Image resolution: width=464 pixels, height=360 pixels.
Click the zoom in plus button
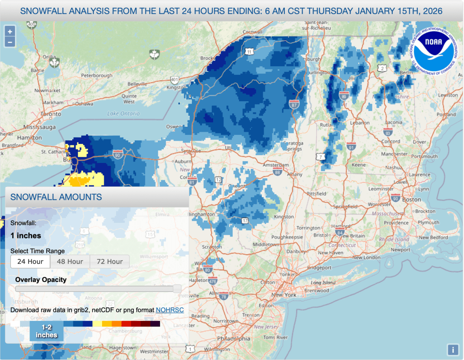coord(10,32)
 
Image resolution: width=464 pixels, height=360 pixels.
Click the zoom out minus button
coord(10,42)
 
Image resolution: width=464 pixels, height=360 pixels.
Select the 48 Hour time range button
coord(70,261)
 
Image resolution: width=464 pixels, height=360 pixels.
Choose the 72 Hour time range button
coord(109,261)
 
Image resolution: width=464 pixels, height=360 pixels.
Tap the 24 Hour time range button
coord(30,261)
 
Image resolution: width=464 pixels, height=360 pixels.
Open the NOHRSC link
coord(170,310)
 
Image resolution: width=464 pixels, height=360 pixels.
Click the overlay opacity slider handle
coord(177,289)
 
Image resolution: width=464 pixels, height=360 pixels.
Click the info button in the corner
coord(452,350)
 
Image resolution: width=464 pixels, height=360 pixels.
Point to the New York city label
coord(283,295)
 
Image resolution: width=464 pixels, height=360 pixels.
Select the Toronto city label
coord(51,114)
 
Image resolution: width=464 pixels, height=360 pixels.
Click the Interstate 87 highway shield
coord(294,105)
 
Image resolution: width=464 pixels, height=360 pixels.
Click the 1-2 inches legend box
coord(47,331)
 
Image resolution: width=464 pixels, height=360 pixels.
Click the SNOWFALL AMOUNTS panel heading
coord(56,197)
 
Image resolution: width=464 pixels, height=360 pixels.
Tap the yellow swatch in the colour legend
coord(97,324)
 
